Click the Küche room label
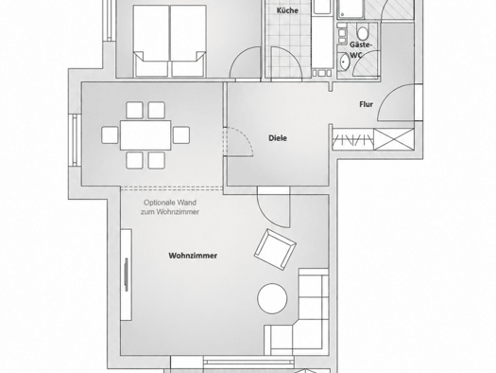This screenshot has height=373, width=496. [x=287, y=10]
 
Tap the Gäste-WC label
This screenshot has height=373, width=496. [x=359, y=50]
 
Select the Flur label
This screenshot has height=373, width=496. [x=366, y=104]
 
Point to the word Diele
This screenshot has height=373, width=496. [x=278, y=138]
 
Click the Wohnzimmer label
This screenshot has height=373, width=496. [x=193, y=256]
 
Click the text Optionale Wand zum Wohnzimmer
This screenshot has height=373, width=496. [x=170, y=207]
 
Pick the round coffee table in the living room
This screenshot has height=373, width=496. [x=272, y=298]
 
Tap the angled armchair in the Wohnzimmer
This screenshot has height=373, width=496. [x=275, y=249]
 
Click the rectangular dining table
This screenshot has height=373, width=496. [x=145, y=135]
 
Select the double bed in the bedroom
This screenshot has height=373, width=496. [x=169, y=41]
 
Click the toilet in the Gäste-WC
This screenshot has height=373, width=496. [x=363, y=33]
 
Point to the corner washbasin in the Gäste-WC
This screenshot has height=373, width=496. [x=344, y=62]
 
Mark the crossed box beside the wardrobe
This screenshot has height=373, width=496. [x=394, y=139]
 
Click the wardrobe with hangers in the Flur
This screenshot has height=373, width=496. [x=352, y=139]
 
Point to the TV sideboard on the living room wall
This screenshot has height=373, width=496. [x=126, y=275]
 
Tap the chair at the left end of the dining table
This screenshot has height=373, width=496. [x=111, y=135]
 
